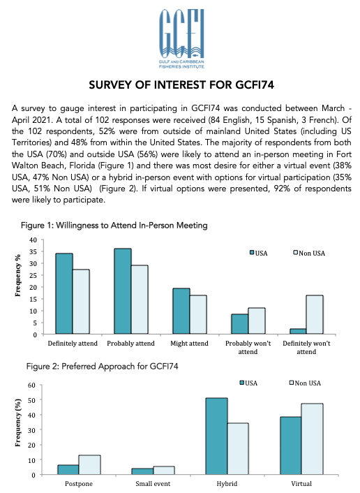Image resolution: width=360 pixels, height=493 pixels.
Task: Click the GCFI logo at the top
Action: click(x=181, y=39)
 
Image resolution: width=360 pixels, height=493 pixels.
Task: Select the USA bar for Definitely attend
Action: click(x=64, y=293)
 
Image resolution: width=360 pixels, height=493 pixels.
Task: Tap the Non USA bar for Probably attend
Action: click(x=140, y=300)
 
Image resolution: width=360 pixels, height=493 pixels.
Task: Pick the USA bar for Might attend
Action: click(x=181, y=311)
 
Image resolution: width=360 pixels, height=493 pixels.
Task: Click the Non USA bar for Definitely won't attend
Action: click(x=315, y=314)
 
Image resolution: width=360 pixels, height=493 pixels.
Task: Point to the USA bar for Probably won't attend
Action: click(x=240, y=324)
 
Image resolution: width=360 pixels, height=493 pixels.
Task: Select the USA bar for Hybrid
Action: click(x=217, y=436)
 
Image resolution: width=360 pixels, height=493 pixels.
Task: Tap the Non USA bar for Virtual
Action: click(x=313, y=439)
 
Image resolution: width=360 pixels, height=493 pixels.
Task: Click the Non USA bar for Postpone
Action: click(x=89, y=464)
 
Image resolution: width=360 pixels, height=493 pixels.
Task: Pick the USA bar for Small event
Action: click(x=142, y=471)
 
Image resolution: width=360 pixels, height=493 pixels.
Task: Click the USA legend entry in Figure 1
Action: click(x=259, y=253)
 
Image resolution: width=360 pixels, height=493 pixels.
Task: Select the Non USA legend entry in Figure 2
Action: click(x=305, y=383)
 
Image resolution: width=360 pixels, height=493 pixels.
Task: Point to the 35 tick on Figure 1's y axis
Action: click(x=33, y=251)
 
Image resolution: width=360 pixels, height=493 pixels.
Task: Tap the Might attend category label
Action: click(x=189, y=344)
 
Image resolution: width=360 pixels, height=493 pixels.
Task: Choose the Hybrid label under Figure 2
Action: click(x=227, y=483)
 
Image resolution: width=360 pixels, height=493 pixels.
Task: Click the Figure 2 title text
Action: click(x=102, y=367)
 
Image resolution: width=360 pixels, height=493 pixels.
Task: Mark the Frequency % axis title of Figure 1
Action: click(x=18, y=275)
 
